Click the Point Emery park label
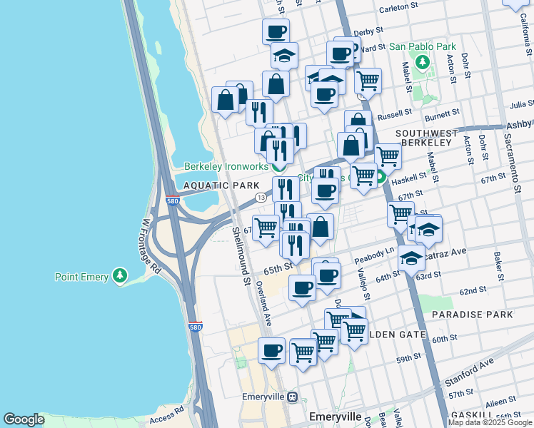(x=82, y=277)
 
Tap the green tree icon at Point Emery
(x=120, y=276)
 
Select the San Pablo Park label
(x=422, y=47)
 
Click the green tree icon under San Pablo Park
(x=422, y=62)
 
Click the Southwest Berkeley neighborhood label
(x=426, y=138)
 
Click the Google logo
(x=24, y=419)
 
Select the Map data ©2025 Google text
(x=490, y=422)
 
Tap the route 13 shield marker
(x=261, y=197)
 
